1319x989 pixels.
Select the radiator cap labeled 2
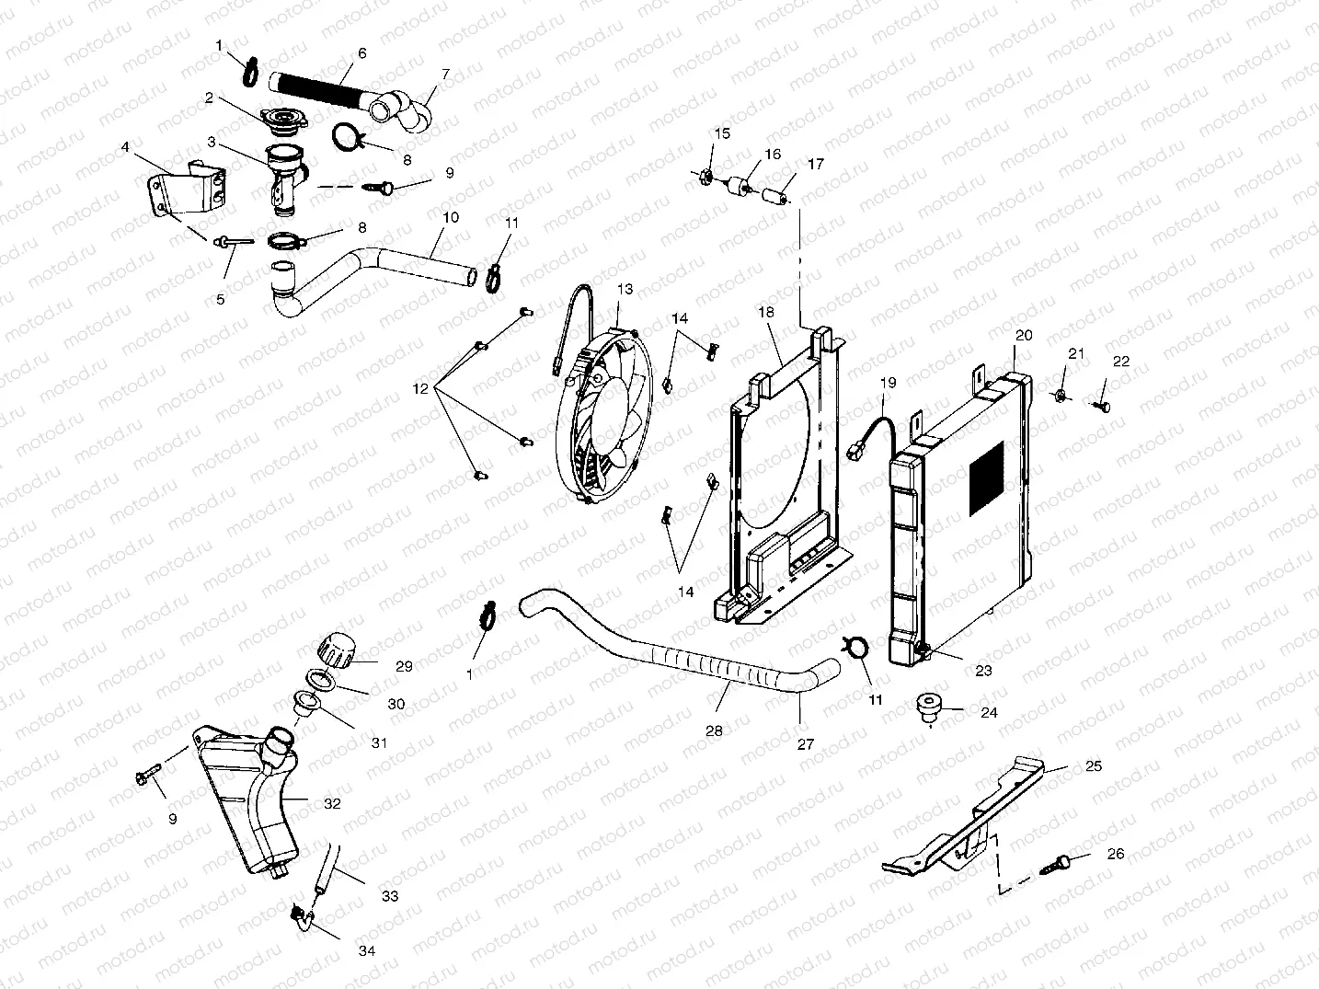click(x=282, y=119)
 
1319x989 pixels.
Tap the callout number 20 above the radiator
click(x=1024, y=335)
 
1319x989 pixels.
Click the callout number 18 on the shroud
click(x=766, y=313)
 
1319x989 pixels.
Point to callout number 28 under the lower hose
click(x=714, y=730)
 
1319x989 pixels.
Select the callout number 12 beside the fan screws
click(x=420, y=389)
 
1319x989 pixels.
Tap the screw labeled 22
click(x=1102, y=406)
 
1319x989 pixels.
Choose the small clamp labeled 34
click(x=298, y=914)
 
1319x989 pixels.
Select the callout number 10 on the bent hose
click(x=451, y=218)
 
